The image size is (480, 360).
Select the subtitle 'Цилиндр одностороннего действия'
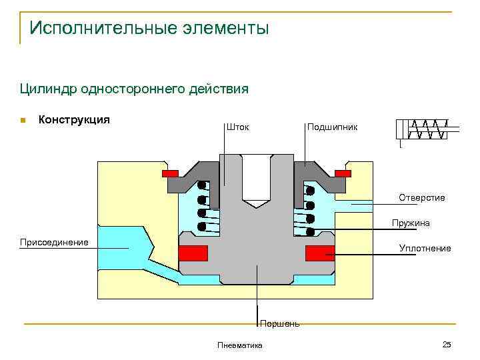[133, 89]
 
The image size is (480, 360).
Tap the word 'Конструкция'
[74, 120]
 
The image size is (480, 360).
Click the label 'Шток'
[238, 127]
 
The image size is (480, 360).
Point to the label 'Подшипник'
[332, 127]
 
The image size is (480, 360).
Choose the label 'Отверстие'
[421, 197]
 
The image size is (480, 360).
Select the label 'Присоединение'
[54, 242]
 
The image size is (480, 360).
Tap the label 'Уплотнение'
[425, 248]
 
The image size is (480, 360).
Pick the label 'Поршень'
[279, 324]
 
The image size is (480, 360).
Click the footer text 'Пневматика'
[240, 345]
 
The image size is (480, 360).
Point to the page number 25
[447, 344]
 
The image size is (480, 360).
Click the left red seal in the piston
[193, 253]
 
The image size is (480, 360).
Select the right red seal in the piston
[320, 253]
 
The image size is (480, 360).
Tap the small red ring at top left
[170, 173]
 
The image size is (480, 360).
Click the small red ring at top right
[343, 173]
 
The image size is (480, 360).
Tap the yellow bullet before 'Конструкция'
[22, 121]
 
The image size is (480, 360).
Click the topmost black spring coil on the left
[202, 187]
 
